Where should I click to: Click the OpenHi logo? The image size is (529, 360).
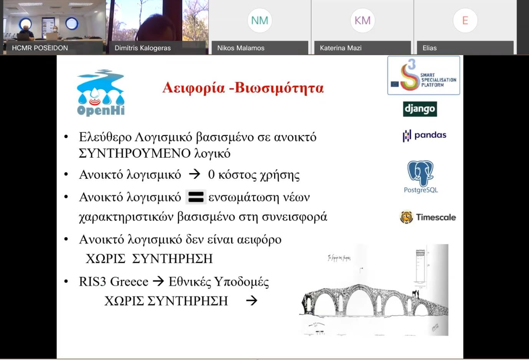click(101, 92)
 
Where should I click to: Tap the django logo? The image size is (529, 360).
click(420, 109)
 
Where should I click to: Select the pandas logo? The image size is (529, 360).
click(424, 135)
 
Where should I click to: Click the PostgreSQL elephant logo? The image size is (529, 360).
click(420, 173)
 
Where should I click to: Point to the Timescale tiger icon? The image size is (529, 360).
click(406, 217)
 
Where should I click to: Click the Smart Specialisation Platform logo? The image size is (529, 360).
click(423, 75)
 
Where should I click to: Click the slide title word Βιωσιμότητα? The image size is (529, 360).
click(279, 88)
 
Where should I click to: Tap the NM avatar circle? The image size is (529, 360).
click(260, 20)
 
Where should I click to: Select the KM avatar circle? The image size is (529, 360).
click(362, 20)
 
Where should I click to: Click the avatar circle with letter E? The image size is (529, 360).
click(465, 20)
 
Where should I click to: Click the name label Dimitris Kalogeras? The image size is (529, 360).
click(142, 48)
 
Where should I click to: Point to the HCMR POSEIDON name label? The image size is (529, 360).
click(40, 48)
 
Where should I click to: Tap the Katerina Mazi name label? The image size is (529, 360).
click(341, 48)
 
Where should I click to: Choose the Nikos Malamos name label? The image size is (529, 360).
click(241, 48)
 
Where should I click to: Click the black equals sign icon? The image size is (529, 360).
click(196, 197)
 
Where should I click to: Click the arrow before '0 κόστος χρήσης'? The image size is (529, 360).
click(195, 174)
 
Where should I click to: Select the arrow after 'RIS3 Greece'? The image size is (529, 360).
click(158, 281)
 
